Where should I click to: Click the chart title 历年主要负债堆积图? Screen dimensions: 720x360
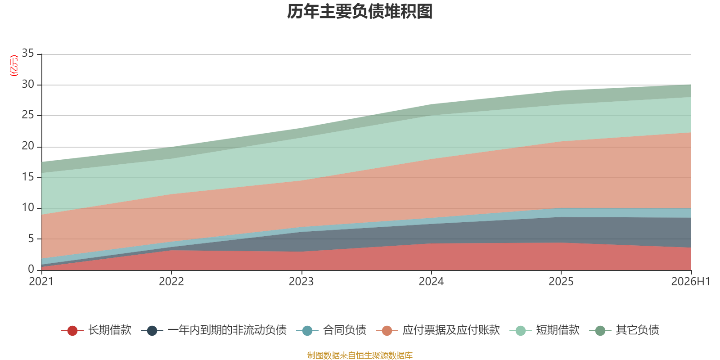[360, 12]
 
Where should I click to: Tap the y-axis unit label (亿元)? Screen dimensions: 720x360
[14, 66]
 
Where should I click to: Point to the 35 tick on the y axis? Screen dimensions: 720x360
[28, 53]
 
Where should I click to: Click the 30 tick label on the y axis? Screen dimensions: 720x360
[28, 84]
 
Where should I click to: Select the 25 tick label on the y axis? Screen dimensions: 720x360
[28, 115]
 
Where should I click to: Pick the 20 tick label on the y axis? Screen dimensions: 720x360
[28, 146]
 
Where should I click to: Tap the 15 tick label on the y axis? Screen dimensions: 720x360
[28, 177]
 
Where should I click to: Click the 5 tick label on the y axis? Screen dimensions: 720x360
[31, 238]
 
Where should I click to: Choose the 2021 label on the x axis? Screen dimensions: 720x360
[41, 282]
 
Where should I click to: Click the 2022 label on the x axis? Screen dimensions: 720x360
[171, 282]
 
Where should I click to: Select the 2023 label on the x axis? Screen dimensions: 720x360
[301, 282]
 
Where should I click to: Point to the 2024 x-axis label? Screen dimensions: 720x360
[431, 282]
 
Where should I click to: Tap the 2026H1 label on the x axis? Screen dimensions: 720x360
[691, 282]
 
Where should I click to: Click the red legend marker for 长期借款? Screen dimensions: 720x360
[72, 330]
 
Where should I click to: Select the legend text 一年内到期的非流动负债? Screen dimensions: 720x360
[227, 330]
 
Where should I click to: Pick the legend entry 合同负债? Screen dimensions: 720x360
[331, 330]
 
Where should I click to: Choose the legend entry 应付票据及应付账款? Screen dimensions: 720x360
[438, 330]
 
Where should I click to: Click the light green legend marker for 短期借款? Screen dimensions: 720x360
[520, 330]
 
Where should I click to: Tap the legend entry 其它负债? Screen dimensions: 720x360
[624, 330]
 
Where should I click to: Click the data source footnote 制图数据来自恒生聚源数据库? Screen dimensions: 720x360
[360, 355]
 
